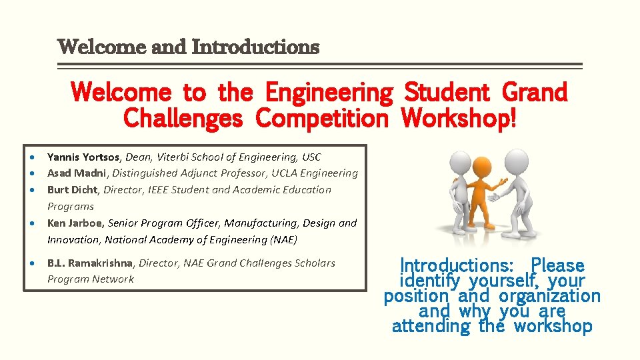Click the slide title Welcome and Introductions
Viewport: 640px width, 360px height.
189,47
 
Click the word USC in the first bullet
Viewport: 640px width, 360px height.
311,157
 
